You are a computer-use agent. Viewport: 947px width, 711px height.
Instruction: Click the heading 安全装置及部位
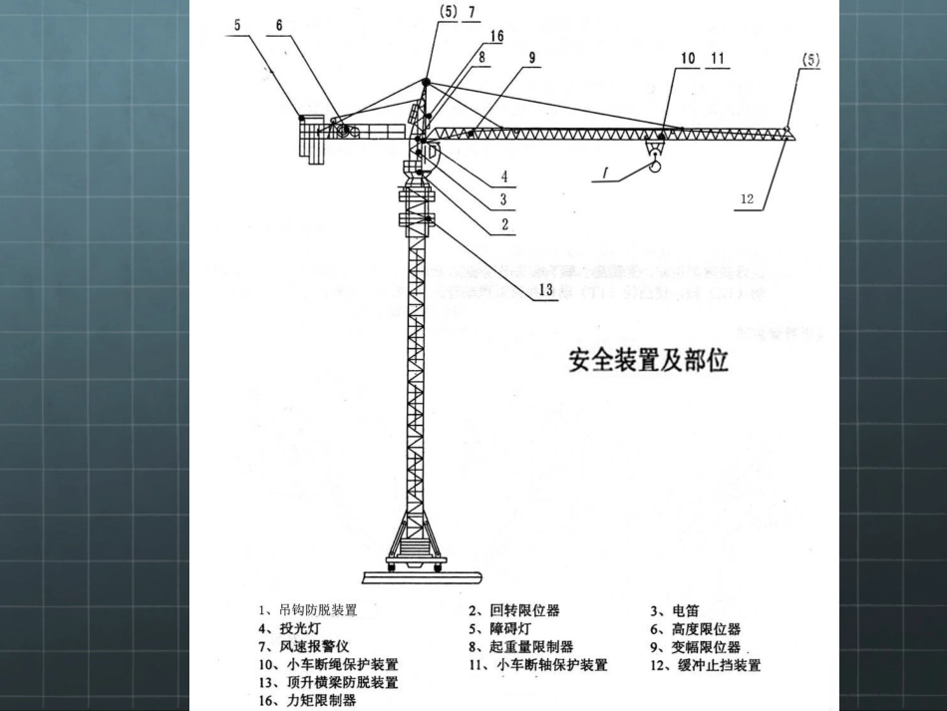[648, 360]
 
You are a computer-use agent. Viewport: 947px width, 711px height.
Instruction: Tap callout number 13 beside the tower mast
[545, 290]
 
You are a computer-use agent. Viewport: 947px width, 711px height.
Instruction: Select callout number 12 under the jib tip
[748, 198]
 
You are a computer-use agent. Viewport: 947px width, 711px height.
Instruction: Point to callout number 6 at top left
[279, 24]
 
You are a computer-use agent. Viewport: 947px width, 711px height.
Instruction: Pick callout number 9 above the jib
[532, 58]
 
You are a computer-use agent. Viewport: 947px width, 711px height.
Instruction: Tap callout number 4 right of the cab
[504, 177]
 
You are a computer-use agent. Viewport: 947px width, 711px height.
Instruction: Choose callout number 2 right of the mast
[505, 224]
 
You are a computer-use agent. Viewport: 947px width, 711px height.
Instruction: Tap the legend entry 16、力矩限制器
[306, 700]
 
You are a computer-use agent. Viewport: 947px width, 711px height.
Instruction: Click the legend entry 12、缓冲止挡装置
[705, 665]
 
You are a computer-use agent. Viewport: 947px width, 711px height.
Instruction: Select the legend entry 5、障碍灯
[499, 628]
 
